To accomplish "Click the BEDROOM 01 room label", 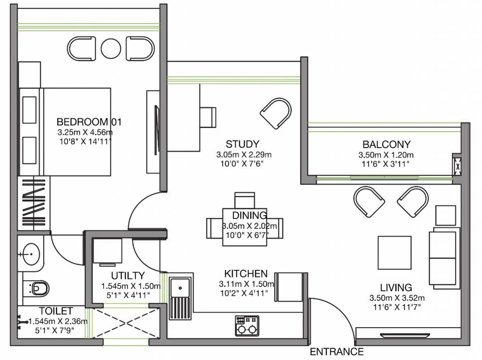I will (89, 122).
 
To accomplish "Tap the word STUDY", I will (242, 144).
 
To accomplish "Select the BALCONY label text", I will (386, 144).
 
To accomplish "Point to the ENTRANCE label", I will (336, 352).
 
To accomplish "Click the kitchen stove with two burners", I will (247, 325).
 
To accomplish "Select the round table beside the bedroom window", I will (111, 48).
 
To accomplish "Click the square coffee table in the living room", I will (394, 252).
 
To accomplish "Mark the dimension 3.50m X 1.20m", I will (386, 155).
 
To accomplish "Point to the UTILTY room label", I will (128, 276).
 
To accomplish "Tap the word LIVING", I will (396, 287).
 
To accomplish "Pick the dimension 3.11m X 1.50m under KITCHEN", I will (245, 284).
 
